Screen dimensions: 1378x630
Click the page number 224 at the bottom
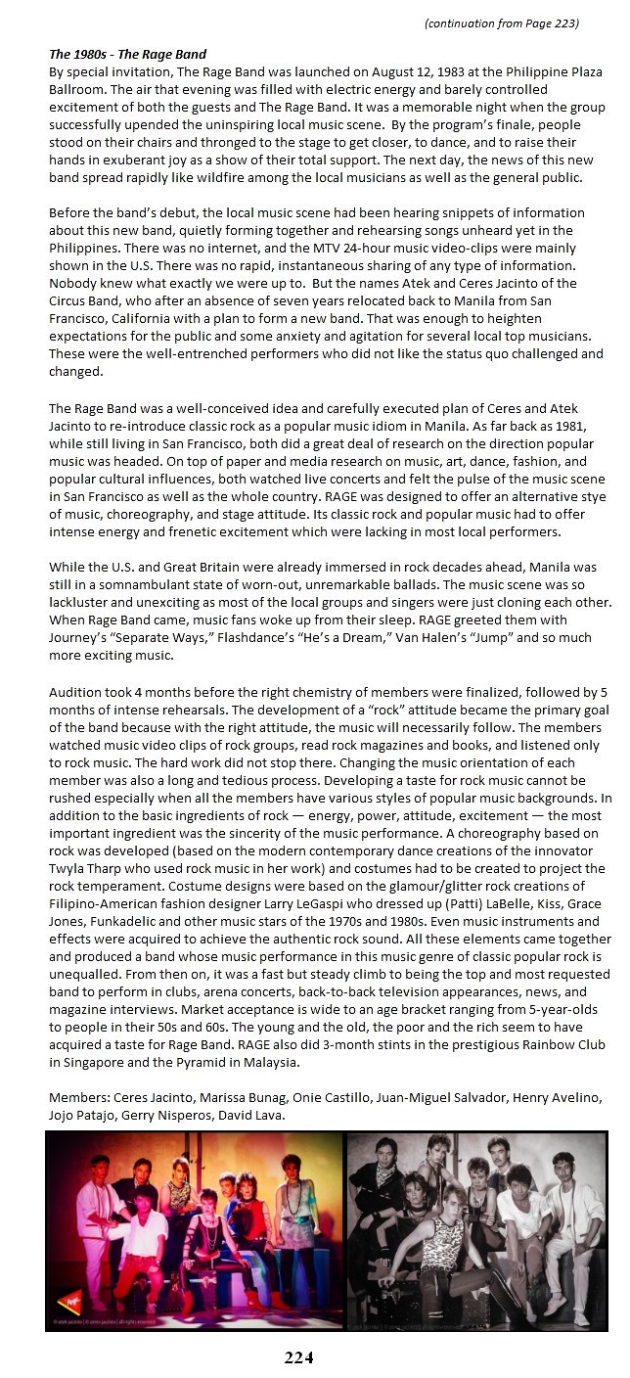[298, 1356]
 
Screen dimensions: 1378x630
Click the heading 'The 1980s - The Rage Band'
[127, 54]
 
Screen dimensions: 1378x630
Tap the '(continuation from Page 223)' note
[501, 23]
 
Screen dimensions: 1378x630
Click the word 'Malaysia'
[358, 1060]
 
